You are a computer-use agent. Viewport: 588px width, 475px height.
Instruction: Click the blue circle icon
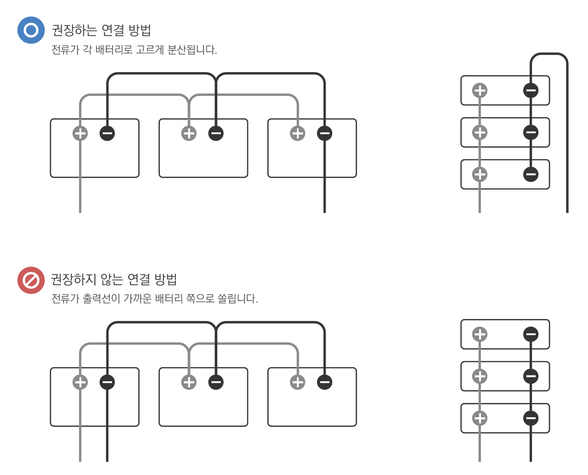(31, 30)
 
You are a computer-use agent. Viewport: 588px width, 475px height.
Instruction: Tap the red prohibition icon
(31, 280)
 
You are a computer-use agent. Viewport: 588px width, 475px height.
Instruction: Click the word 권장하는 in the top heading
(74, 30)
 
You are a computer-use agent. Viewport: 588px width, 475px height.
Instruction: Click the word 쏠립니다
(237, 298)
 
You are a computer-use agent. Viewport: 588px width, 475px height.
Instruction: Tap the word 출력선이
(102, 298)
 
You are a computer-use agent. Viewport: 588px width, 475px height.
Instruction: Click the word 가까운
(137, 298)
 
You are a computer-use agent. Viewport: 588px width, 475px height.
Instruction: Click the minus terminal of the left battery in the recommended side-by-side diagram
(107, 133)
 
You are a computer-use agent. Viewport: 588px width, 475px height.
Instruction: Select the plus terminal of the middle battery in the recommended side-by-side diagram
(189, 133)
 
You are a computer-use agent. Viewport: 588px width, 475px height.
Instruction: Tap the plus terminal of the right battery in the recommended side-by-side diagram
(298, 133)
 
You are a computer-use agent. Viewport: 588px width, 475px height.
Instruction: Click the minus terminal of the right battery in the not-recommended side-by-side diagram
(325, 382)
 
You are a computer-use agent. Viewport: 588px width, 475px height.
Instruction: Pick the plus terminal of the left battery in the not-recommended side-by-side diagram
(80, 382)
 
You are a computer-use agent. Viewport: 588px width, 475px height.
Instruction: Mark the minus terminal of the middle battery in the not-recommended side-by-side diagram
(216, 382)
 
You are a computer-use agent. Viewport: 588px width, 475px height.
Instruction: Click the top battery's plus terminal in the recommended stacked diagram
(480, 90)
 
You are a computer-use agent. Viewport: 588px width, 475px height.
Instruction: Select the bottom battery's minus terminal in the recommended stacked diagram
(531, 174)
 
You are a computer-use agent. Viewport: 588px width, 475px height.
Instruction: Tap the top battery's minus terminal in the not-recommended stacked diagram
(531, 334)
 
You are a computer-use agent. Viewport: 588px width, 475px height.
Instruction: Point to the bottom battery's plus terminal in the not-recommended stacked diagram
(480, 418)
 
